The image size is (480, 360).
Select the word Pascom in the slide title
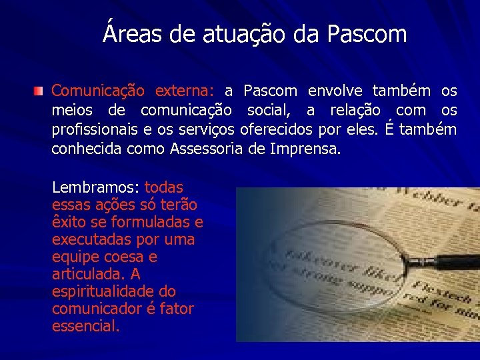point(367,33)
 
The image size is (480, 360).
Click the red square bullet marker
point(41,90)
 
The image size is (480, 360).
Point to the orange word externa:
point(184,90)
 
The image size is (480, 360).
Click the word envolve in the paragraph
point(337,90)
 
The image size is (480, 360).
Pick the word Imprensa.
point(306,148)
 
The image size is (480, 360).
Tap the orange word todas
point(163,187)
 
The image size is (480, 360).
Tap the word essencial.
point(86,326)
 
